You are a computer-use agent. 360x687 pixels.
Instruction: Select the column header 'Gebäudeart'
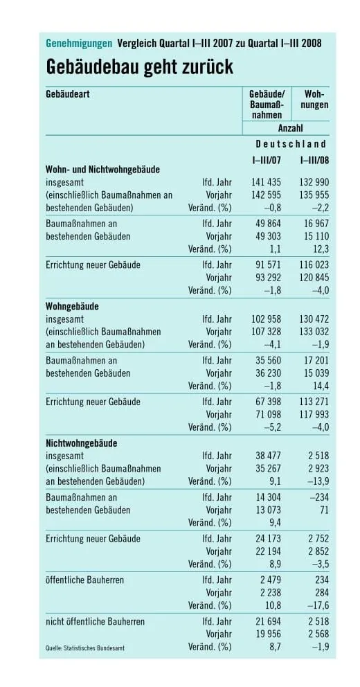(x=68, y=93)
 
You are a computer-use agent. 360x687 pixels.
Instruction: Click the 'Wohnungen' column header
(x=314, y=99)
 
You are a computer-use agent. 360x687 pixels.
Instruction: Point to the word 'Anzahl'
(x=290, y=128)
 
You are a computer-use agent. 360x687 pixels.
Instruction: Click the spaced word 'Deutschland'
(x=291, y=144)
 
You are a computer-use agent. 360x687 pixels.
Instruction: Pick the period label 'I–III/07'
(x=265, y=161)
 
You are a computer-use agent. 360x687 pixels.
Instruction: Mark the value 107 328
(x=265, y=331)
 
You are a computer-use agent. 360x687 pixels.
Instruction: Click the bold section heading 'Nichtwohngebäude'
(x=81, y=443)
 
